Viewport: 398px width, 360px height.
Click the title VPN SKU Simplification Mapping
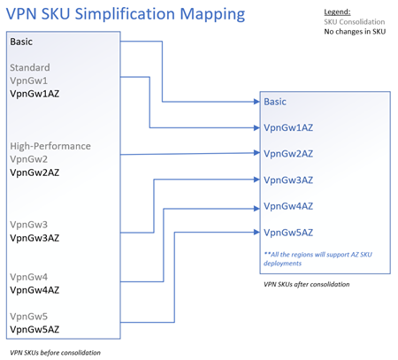126,15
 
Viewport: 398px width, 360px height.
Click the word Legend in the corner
338,11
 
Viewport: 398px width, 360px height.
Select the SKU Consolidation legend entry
354,20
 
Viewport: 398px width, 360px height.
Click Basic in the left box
24,42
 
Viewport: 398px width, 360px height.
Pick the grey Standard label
29,67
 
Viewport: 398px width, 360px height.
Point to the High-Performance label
50,146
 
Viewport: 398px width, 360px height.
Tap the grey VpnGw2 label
29,157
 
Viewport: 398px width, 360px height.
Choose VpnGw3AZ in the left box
34,238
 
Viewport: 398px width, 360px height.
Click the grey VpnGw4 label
29,277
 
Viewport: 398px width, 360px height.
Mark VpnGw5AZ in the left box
34,329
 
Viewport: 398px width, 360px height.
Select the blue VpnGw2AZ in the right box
287,154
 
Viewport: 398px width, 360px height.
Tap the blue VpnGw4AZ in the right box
287,206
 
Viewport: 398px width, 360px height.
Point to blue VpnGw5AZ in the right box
287,233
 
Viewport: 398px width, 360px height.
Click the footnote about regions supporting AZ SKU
318,258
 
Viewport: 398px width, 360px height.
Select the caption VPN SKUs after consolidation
307,284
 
